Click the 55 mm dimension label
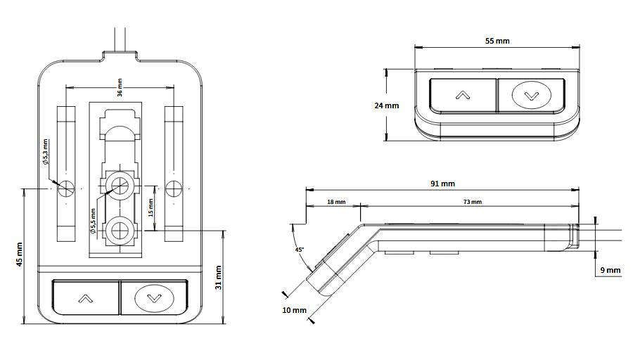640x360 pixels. pos(497,41)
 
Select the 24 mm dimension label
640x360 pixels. pos(387,105)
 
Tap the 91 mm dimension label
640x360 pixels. pos(442,184)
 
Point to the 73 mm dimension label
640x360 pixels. pos(472,202)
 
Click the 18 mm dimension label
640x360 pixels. pos(336,202)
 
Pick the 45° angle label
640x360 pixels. pos(299,250)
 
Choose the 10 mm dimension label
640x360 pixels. pos(294,310)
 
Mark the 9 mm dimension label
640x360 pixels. pos(610,270)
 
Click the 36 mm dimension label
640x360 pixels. pos(120,87)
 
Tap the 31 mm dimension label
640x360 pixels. pos(218,278)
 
